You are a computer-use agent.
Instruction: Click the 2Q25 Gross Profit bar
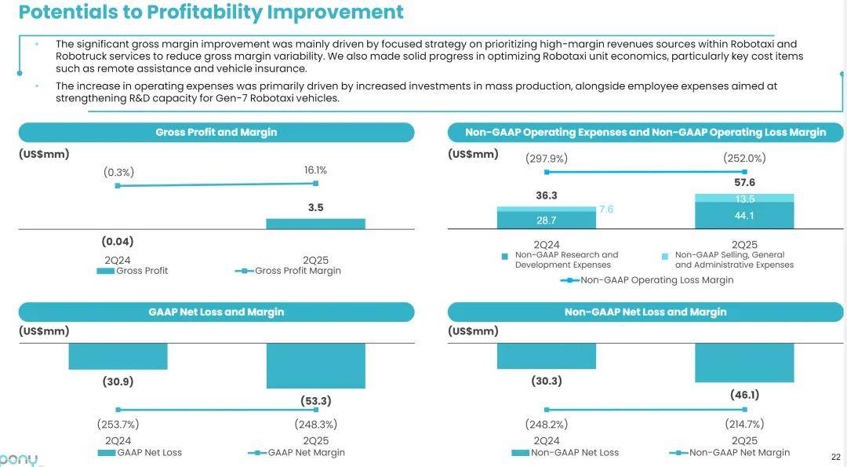click(x=315, y=224)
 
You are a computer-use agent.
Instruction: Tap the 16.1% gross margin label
click(x=315, y=170)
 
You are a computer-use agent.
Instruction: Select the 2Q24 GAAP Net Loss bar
click(x=118, y=356)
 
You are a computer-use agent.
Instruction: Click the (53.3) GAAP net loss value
click(x=315, y=401)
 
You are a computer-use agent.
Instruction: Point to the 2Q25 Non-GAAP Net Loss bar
click(x=744, y=363)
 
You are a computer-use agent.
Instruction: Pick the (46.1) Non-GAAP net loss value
click(x=744, y=395)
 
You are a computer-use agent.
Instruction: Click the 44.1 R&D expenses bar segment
click(x=744, y=216)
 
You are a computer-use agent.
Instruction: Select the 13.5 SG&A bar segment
click(x=744, y=199)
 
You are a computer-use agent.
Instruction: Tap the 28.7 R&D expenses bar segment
click(x=546, y=221)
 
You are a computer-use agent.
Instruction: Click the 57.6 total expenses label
click(x=744, y=183)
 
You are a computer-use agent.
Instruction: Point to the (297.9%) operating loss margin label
click(x=546, y=159)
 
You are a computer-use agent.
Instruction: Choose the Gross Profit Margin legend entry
click(x=289, y=271)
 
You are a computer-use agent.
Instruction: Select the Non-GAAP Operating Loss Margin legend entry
click(x=647, y=280)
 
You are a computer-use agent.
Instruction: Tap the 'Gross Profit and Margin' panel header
click(x=216, y=133)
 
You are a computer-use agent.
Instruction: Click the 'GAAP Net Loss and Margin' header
click(x=216, y=312)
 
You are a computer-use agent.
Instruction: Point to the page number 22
click(x=835, y=457)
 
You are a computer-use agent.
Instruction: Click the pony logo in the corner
click(x=17, y=459)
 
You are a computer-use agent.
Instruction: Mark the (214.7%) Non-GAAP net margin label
click(x=744, y=425)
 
